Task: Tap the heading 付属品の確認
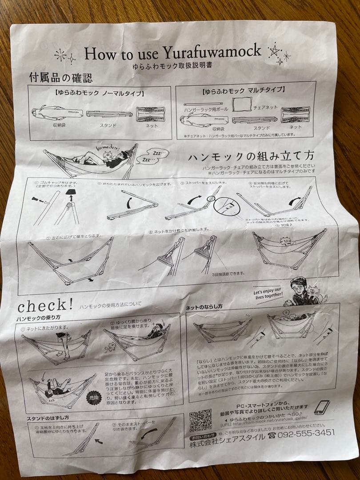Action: coord(61,79)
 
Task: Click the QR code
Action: coord(200,420)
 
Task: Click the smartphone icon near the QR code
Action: coord(321,408)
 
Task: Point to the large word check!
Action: coord(45,306)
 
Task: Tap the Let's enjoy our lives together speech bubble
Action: coord(268,294)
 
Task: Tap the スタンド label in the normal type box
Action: coord(108,125)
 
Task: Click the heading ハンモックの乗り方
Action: coord(39,318)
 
